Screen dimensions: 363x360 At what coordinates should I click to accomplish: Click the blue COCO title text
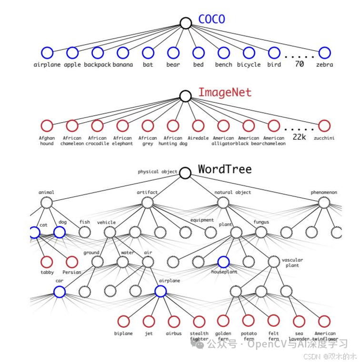tap(211, 20)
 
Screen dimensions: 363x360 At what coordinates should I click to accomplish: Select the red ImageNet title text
tap(224, 93)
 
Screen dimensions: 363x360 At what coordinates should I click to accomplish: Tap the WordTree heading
tap(224, 169)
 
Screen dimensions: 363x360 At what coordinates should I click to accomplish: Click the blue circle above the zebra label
tap(324, 53)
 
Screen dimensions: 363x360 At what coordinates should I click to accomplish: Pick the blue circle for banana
tap(123, 53)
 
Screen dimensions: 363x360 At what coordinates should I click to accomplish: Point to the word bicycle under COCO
tap(249, 65)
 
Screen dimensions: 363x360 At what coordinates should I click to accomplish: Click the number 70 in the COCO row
tap(299, 64)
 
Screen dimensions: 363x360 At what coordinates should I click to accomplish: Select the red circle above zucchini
tap(324, 126)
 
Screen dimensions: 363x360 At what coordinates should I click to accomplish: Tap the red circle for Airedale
tap(198, 126)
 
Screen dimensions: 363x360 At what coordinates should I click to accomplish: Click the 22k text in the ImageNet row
tap(299, 137)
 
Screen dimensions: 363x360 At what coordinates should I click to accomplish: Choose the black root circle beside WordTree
tap(185, 173)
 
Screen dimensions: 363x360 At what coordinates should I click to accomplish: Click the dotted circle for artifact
tap(148, 203)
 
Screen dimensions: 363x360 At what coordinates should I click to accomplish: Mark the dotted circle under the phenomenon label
tap(324, 203)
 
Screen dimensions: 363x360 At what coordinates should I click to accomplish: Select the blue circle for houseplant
tap(223, 262)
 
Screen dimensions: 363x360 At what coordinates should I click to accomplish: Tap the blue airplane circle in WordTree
tap(160, 291)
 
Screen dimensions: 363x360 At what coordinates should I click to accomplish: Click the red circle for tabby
tap(47, 262)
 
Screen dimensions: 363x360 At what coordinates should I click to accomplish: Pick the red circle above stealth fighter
tap(199, 321)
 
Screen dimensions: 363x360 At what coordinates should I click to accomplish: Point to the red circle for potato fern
tap(248, 321)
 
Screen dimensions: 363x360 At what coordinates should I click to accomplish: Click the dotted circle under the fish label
tap(85, 232)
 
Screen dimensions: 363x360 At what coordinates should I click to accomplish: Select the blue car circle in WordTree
tap(59, 291)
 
